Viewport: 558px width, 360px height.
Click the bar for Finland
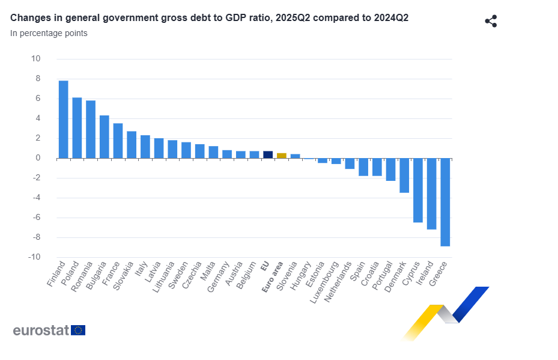(x=63, y=119)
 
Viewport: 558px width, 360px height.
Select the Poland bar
(x=77, y=127)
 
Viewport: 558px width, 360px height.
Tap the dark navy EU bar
(x=268, y=154)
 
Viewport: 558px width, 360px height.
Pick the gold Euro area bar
(x=282, y=156)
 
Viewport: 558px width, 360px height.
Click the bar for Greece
(x=445, y=202)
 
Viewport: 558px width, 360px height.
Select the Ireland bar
(x=431, y=194)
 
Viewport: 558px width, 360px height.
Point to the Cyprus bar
(x=418, y=190)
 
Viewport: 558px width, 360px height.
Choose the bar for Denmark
(x=404, y=175)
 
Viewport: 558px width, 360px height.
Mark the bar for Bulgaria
(x=104, y=136)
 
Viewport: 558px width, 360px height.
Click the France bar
(x=118, y=141)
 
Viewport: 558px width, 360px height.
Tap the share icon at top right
(x=491, y=22)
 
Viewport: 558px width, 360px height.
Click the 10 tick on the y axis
(x=36, y=59)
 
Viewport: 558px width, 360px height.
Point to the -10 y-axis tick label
(x=34, y=257)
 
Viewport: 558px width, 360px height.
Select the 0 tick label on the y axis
(x=38, y=158)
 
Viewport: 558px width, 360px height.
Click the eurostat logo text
(x=41, y=330)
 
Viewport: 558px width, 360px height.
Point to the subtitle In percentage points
(x=49, y=33)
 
